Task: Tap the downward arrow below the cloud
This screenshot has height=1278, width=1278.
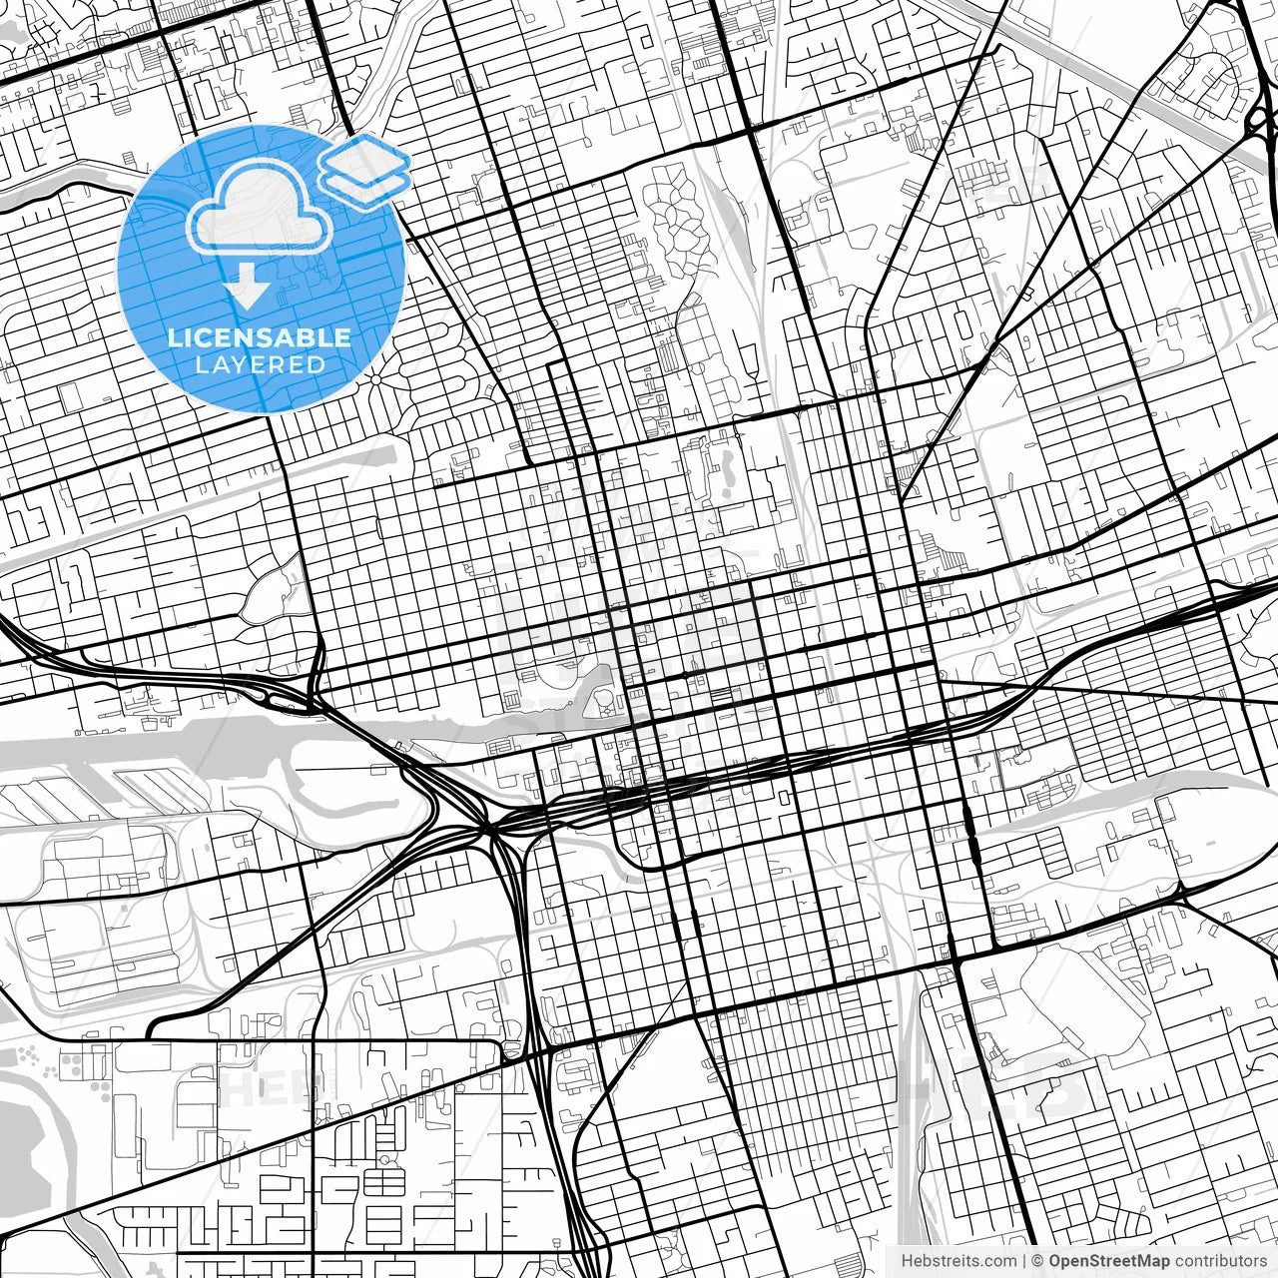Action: [247, 289]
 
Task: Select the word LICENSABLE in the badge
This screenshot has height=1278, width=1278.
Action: [260, 337]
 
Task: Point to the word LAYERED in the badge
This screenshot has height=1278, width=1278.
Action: [260, 364]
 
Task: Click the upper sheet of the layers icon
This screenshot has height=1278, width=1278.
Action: [364, 159]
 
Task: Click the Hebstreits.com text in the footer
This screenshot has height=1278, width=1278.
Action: [958, 1261]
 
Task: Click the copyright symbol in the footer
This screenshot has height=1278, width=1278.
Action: [1038, 1261]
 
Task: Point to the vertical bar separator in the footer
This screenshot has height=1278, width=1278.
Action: [1025, 1261]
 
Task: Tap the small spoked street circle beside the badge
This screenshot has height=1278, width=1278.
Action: [376, 378]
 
